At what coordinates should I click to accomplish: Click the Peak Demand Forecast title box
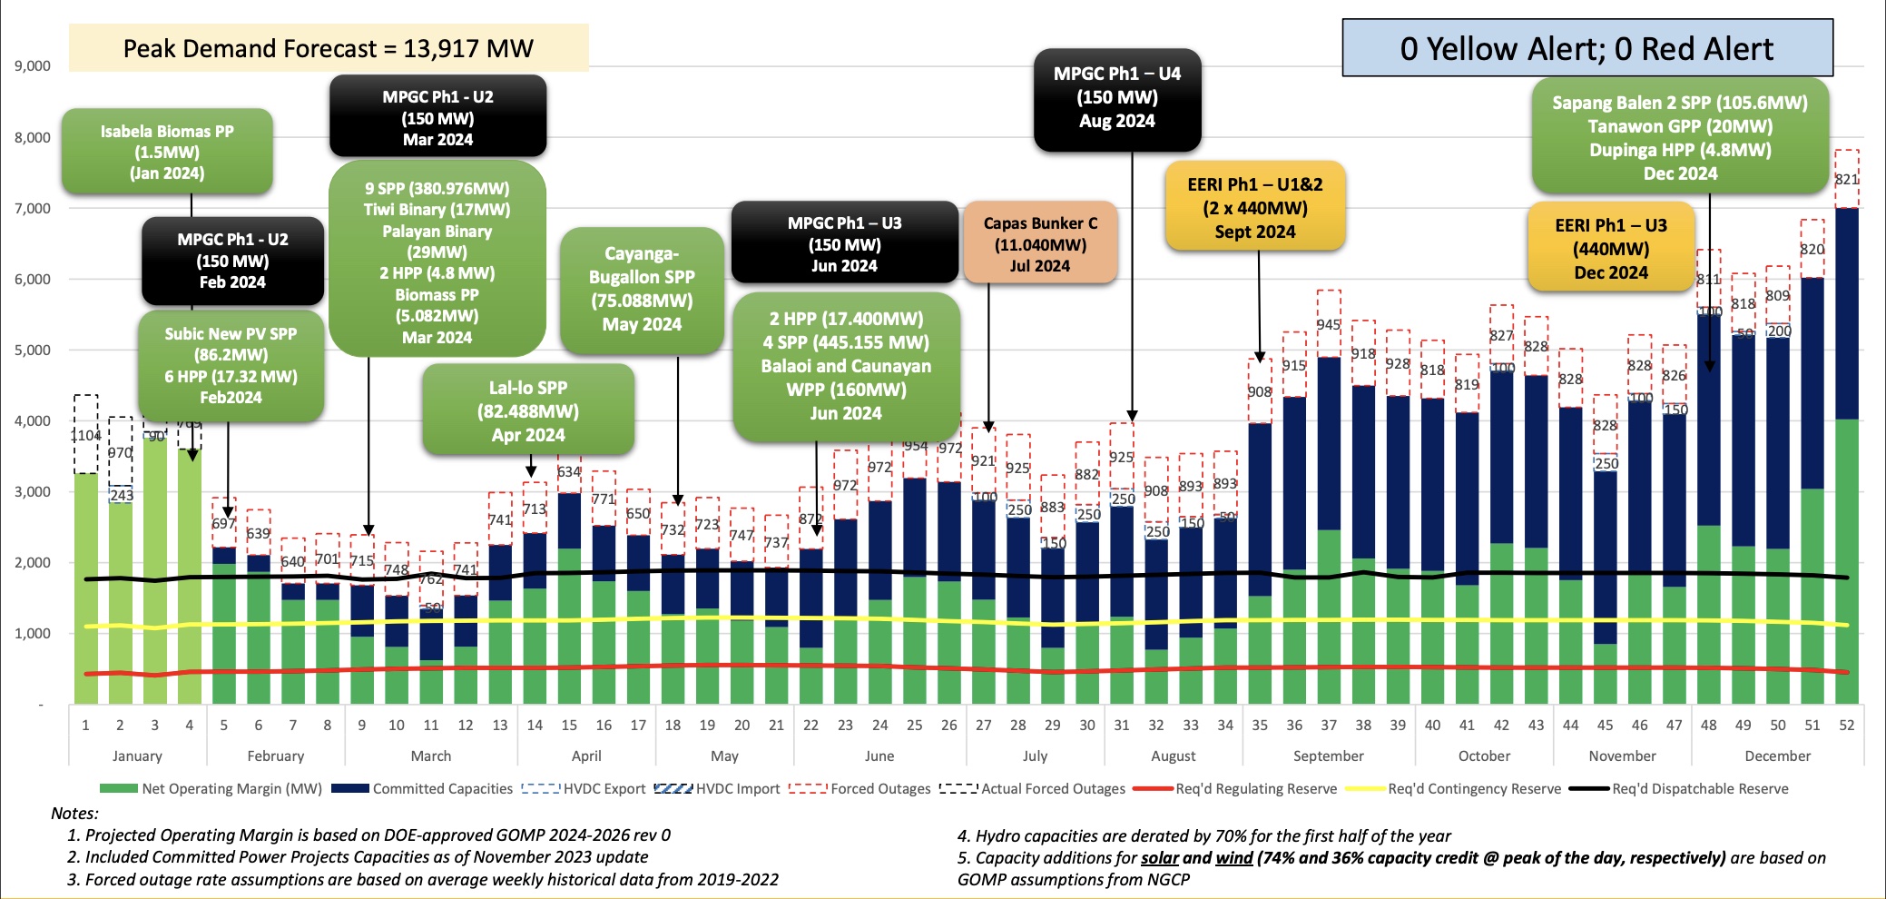[x=329, y=48]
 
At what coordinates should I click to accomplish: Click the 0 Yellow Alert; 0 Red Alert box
[x=1586, y=48]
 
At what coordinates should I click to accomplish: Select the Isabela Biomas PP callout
[x=167, y=152]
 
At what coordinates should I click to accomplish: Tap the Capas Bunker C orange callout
[x=1040, y=243]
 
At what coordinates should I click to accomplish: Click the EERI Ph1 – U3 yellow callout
[x=1610, y=248]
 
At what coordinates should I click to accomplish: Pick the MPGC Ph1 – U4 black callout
[x=1116, y=98]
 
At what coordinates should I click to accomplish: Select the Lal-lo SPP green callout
[x=527, y=410]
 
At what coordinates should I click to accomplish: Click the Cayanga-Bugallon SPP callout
[x=642, y=289]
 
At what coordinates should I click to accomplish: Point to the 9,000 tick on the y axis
[x=32, y=66]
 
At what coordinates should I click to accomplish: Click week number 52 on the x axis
[x=1846, y=725]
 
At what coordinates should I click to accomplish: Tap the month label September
[x=1328, y=756]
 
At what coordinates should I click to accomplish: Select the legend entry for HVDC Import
[x=716, y=788]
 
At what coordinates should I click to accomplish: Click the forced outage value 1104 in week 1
[x=85, y=436]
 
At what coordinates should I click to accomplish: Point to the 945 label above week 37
[x=1328, y=324]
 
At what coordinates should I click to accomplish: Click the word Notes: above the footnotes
[x=74, y=813]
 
